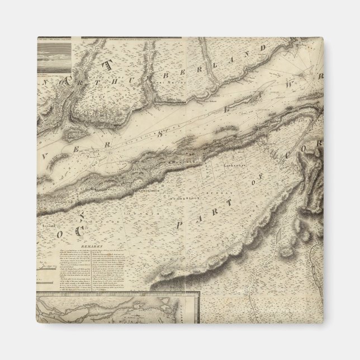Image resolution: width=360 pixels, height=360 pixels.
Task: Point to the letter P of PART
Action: point(180,224)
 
